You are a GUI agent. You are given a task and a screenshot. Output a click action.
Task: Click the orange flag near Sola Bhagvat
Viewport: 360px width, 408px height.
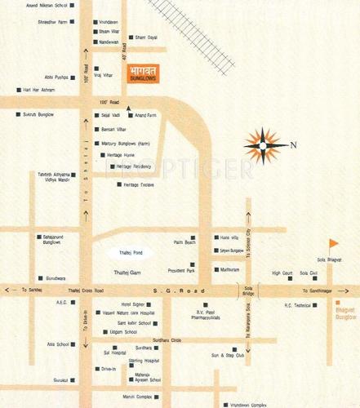coord(331,244)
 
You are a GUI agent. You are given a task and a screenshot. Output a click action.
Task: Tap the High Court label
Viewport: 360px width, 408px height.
coord(282,273)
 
